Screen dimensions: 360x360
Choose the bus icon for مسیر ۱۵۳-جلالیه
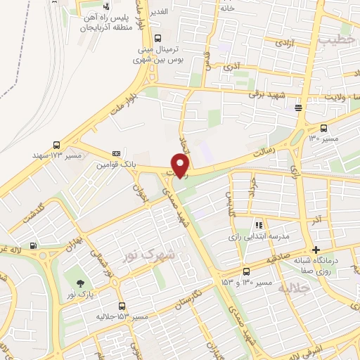(x=123, y=306)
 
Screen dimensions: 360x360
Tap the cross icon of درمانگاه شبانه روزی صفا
(x=316, y=250)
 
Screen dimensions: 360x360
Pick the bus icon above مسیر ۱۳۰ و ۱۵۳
(x=246, y=271)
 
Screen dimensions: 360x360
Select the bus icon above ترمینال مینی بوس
(x=157, y=38)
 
